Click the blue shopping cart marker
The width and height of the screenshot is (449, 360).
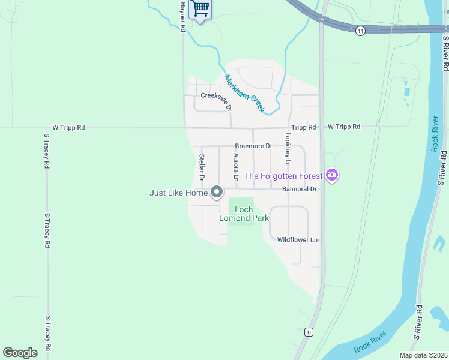[x=200, y=9]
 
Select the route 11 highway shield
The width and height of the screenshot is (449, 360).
[x=360, y=31]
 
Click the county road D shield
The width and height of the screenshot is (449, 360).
[x=309, y=331]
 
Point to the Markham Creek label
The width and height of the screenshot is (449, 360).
[x=244, y=93]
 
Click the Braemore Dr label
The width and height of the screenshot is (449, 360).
[x=253, y=146]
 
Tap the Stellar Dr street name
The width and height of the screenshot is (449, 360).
[x=202, y=167]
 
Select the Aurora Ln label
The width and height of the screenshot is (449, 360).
[x=236, y=167]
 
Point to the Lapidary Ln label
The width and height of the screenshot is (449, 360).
[x=287, y=154]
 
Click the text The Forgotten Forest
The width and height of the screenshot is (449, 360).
[x=283, y=176]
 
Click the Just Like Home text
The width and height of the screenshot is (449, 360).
[x=178, y=193]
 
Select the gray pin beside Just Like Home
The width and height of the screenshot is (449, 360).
[x=217, y=193]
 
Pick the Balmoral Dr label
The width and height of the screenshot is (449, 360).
[x=299, y=189]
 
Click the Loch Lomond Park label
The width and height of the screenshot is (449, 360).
[x=244, y=214]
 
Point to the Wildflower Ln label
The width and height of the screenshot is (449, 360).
[x=297, y=239]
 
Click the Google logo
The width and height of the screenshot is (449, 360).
[x=20, y=353]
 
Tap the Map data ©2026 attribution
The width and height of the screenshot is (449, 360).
[x=423, y=355]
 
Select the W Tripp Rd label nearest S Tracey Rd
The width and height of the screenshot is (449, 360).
[x=68, y=127]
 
